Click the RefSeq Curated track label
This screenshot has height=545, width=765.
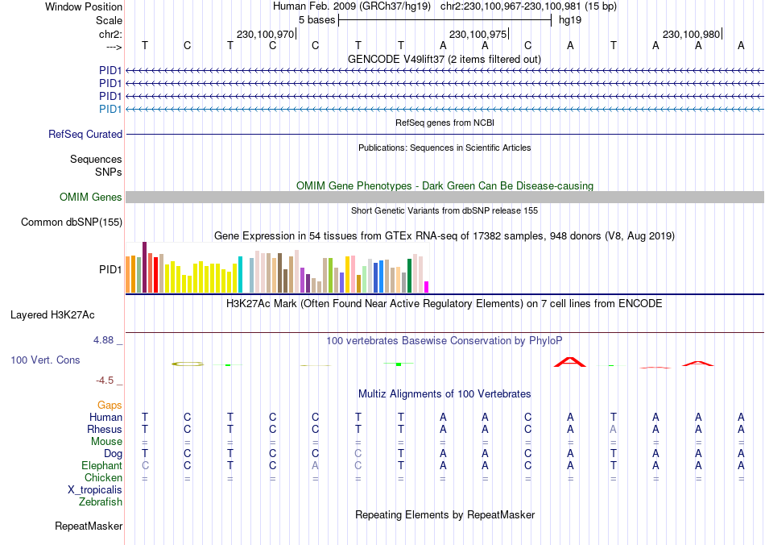85,135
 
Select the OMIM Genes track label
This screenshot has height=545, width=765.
91,198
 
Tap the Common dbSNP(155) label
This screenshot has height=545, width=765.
72,223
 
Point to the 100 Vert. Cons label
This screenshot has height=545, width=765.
45,360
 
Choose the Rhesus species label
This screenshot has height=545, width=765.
105,430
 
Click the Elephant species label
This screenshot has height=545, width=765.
101,466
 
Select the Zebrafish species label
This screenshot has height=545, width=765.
101,502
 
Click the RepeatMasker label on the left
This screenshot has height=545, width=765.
89,526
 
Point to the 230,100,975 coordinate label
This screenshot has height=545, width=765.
478,34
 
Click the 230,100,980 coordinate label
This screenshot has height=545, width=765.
691,34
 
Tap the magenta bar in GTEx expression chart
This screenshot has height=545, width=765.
427,287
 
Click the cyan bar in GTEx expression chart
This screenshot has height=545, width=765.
240,275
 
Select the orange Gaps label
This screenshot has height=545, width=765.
110,405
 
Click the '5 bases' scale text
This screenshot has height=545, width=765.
316,19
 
